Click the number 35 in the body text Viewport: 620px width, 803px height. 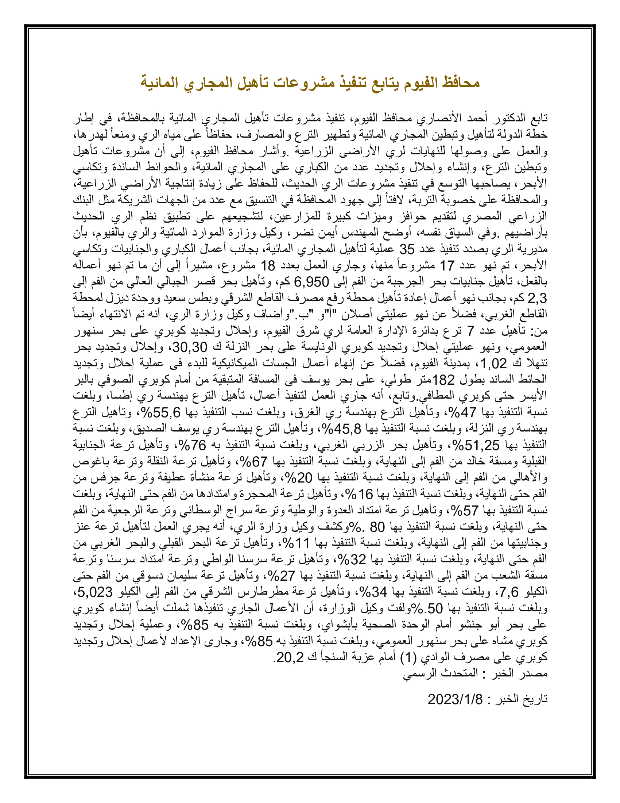(x=407, y=250)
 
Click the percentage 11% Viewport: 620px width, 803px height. (x=298, y=543)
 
